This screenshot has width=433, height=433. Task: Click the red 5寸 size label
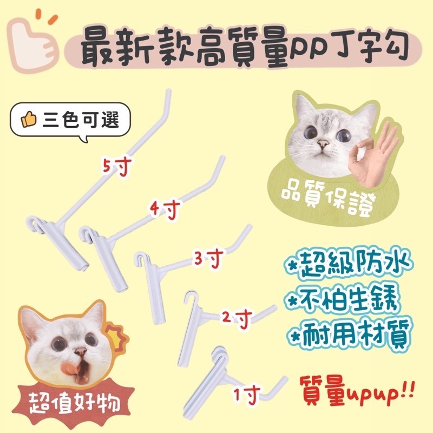116,166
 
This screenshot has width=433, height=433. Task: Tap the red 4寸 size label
165,209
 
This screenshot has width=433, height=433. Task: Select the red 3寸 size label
208,258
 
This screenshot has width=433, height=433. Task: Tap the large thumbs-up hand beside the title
33,42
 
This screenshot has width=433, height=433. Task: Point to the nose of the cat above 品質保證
323,143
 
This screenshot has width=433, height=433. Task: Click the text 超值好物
75,404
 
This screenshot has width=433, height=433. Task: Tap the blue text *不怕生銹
343,299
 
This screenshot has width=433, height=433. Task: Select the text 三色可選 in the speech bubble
81,120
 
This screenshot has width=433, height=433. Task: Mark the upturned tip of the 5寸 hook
168,91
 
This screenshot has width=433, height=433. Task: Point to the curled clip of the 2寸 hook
191,298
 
